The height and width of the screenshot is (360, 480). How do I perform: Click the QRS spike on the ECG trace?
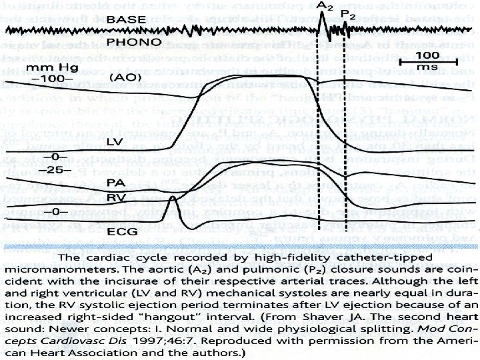tap(172, 200)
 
